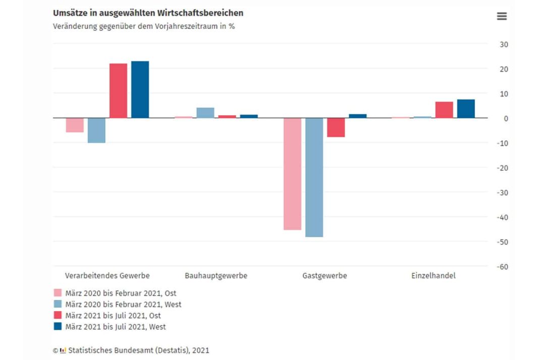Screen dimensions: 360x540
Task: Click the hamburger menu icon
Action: (502, 16)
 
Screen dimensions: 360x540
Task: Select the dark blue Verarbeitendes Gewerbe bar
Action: (140, 90)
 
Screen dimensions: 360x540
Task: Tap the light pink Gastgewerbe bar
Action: (292, 174)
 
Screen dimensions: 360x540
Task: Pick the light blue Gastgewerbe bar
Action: (314, 177)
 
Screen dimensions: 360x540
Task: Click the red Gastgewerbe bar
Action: (336, 127)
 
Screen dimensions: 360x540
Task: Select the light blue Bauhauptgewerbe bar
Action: (205, 113)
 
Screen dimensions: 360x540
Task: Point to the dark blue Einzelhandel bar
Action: (466, 109)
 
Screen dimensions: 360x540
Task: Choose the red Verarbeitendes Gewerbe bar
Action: (118, 91)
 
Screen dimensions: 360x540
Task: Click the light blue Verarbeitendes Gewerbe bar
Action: (96, 130)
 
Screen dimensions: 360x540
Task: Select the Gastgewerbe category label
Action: (325, 276)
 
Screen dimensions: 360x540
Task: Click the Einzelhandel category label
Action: (434, 276)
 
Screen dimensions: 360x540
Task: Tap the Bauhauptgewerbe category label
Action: (216, 276)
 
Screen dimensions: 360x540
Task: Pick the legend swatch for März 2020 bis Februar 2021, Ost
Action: (58, 293)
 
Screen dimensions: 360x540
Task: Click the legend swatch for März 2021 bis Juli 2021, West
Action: (58, 327)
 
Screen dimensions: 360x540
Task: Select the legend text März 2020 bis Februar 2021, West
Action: (123, 304)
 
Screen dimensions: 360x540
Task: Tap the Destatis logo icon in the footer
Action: (63, 350)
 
